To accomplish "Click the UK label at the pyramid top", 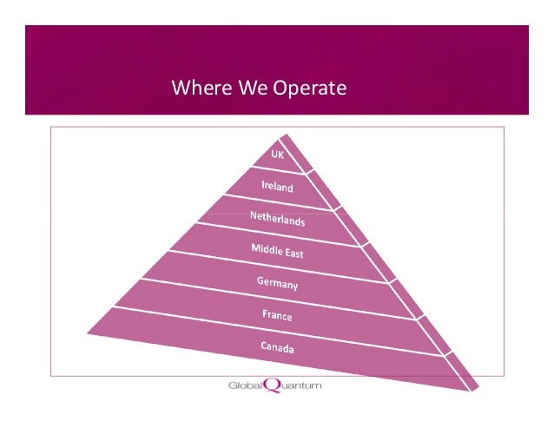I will point(278,155).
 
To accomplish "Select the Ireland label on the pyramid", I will point(278,187).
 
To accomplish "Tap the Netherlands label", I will point(277,217).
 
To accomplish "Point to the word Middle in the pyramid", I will point(264,249).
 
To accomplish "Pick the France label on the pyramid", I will point(278,315).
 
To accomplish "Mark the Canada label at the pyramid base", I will point(278,348).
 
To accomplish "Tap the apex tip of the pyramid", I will point(281,133).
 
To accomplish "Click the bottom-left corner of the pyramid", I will point(87,330).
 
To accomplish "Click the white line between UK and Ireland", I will point(278,173).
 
